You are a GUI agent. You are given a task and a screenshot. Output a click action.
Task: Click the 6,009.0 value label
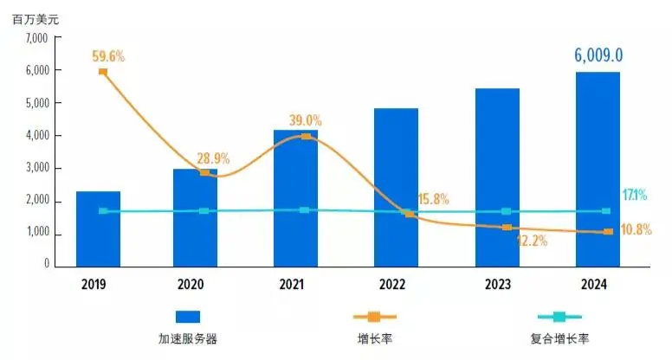(599, 56)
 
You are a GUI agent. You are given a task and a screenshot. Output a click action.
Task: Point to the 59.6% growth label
(108, 56)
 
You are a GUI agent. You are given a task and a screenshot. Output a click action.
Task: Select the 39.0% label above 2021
(305, 120)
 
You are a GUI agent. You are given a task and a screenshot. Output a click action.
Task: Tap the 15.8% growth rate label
(432, 199)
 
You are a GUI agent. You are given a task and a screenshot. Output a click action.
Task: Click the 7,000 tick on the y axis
(37, 38)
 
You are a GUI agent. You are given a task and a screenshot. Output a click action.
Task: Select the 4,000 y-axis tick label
(37, 137)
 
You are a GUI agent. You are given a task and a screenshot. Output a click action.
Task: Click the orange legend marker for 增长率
(374, 317)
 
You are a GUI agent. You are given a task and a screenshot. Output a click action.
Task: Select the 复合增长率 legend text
(559, 338)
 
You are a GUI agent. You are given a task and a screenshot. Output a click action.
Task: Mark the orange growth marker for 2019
(103, 72)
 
